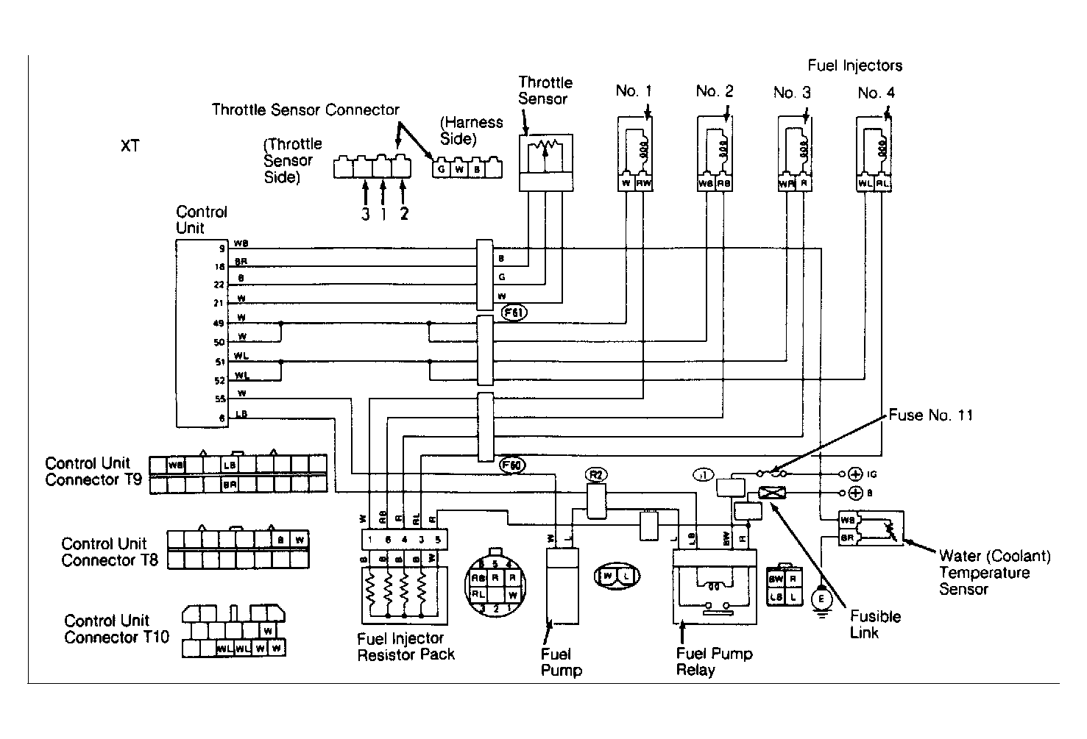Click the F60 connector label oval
511,465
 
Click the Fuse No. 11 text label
930,415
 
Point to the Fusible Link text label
875,624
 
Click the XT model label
130,146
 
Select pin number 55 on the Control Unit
219,399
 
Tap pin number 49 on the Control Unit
219,324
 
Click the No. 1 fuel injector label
634,91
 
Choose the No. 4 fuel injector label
876,93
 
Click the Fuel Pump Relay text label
714,662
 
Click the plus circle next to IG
855,474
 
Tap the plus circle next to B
855,493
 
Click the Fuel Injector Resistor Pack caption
406,646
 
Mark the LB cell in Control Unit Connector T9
230,465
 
